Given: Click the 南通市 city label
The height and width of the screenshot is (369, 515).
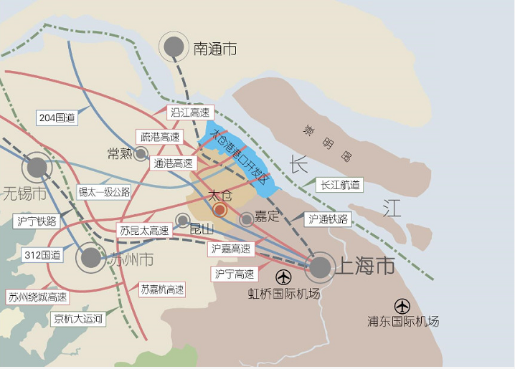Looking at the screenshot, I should point(214,49).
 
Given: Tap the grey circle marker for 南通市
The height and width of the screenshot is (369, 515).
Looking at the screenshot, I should point(174,47).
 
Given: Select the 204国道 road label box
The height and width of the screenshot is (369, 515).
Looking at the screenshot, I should point(57,118).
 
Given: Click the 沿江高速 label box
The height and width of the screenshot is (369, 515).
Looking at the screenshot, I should point(191,112).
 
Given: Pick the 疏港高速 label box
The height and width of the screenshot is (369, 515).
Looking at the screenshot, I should point(159,137).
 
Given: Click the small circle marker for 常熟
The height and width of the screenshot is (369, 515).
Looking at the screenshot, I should point(141,153).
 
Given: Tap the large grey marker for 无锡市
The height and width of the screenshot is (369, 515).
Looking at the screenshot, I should point(37,168).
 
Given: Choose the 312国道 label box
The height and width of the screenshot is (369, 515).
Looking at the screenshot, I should point(42,254).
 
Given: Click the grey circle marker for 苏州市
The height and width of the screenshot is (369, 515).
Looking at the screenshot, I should point(91,258).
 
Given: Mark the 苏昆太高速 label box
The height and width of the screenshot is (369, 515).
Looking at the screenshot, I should point(145,231).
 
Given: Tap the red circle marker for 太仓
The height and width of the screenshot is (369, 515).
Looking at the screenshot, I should point(220,210).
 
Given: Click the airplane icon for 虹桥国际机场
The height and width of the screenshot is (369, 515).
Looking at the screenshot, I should point(284,277).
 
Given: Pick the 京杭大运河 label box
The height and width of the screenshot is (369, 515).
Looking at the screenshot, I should point(78,319).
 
